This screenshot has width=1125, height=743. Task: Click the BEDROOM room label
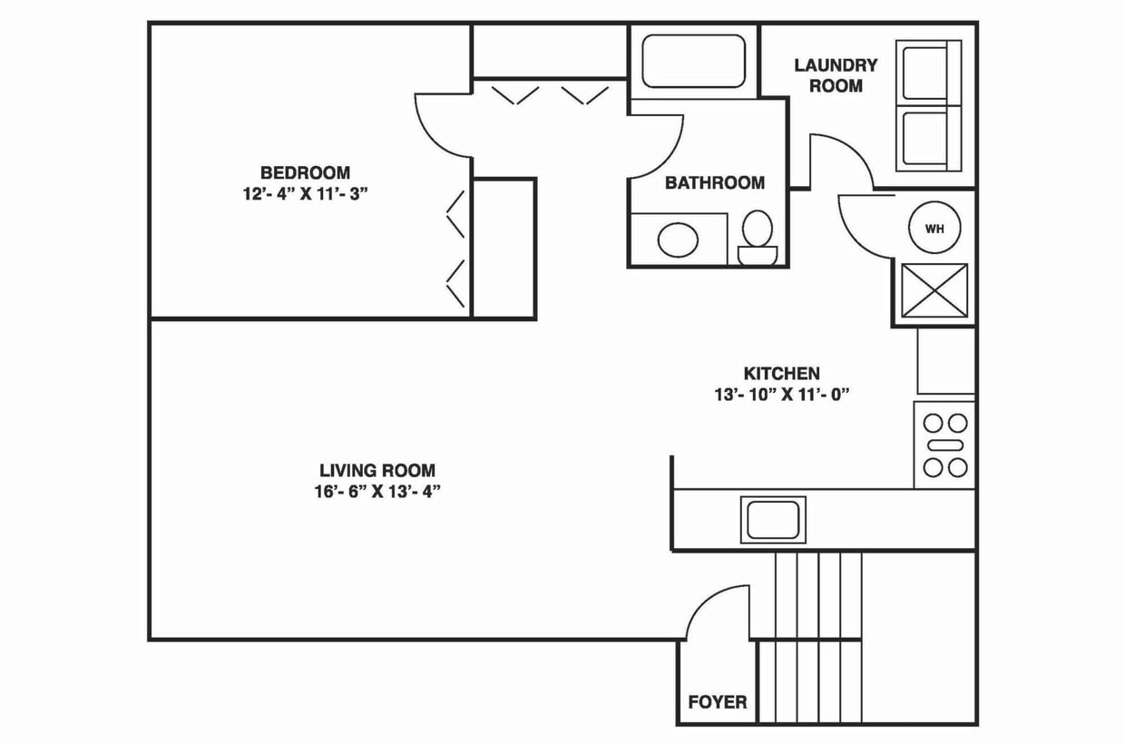(305, 172)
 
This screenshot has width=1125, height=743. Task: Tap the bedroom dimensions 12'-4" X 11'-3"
(305, 193)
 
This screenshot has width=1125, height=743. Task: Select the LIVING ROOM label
(377, 471)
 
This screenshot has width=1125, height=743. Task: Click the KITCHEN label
(781, 373)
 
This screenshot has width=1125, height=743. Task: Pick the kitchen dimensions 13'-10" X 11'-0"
(781, 395)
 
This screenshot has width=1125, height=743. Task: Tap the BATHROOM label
(714, 182)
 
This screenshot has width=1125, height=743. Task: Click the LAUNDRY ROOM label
(836, 75)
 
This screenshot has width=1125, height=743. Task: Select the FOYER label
(717, 702)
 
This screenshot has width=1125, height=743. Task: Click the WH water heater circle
(934, 229)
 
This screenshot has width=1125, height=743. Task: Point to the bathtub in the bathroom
(694, 61)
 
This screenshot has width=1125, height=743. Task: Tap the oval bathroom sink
(678, 240)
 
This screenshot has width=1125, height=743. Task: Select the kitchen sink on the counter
(773, 520)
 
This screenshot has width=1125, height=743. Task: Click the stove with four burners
(944, 445)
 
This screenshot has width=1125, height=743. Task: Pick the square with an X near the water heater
(934, 291)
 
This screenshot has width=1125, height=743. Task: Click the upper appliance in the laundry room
(927, 73)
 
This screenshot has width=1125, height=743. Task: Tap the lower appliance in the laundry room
(927, 138)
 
